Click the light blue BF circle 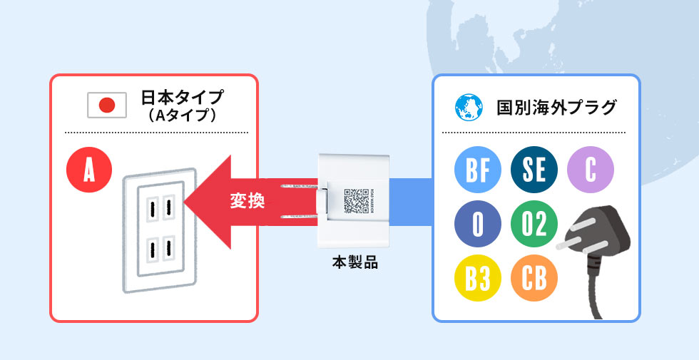coord(477,171)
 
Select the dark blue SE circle coord(534,171)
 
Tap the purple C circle coord(590,171)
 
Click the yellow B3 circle coord(477,279)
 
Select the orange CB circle coord(534,279)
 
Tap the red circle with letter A coord(88,171)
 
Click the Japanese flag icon coord(106,106)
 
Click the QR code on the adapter coord(354,202)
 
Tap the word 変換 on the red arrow coord(248,202)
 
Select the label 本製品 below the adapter coord(354,262)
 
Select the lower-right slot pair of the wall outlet coord(168,251)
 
